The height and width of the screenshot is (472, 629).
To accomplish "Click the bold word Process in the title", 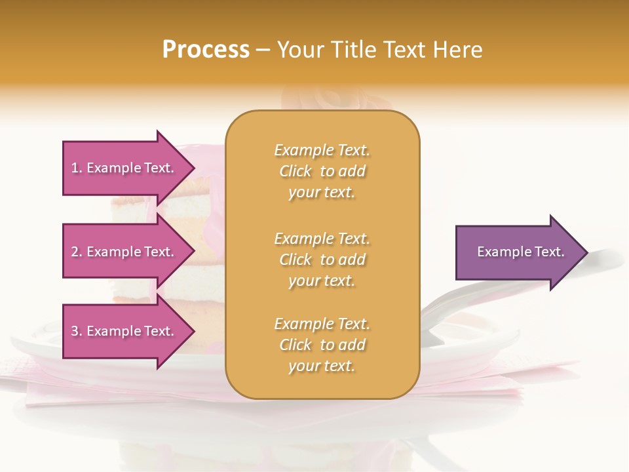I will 206,50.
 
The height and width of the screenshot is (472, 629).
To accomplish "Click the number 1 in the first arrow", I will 75,168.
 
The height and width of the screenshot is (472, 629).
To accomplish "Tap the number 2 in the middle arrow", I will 75,252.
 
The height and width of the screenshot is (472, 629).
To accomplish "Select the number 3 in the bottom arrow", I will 75,332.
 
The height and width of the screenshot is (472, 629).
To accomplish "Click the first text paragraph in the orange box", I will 322,171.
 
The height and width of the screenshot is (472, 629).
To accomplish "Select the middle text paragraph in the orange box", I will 322,260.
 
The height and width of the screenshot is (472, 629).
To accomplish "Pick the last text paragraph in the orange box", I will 322,345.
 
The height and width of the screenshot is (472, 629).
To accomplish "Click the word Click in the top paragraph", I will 295,171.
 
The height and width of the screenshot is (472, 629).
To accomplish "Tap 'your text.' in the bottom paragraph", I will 322,366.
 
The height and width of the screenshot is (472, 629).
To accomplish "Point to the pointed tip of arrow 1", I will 193,168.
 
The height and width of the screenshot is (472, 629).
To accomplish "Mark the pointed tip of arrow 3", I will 193,331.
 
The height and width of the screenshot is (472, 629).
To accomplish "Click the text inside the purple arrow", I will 520,252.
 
